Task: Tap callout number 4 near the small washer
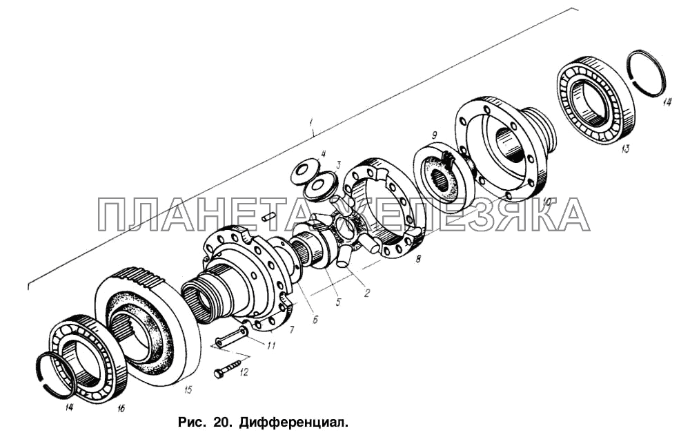323,154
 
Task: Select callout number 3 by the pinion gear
338,166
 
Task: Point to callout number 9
434,134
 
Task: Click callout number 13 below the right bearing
625,149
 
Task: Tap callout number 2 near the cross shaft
366,292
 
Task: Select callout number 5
338,302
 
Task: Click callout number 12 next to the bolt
244,372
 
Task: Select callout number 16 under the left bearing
121,409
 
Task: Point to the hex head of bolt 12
219,374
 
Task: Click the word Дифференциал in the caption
294,423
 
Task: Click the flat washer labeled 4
303,169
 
